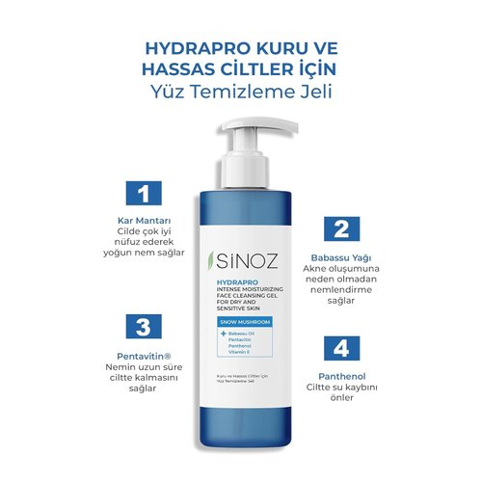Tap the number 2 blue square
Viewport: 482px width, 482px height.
click(x=339, y=228)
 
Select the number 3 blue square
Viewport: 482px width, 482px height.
click(x=143, y=326)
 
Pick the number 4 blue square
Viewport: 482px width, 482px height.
click(x=339, y=347)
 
